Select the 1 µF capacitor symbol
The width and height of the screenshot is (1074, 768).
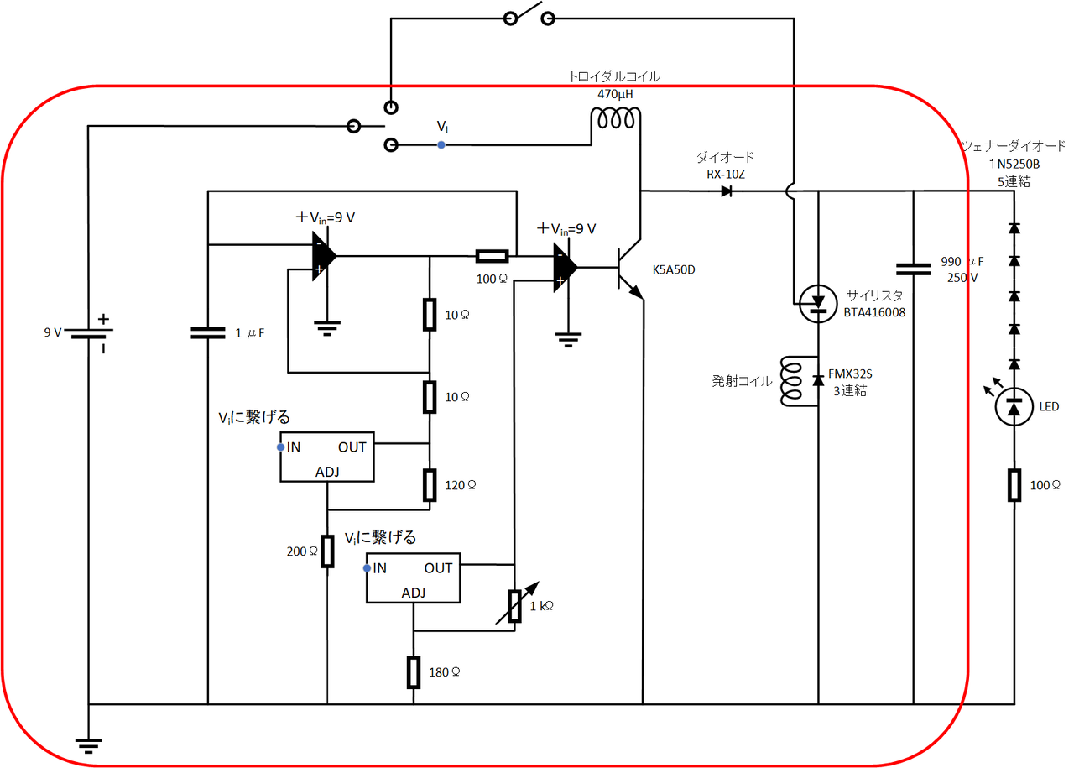[207, 332]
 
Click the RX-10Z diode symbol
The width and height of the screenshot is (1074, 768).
[726, 191]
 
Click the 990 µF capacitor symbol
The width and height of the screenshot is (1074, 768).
[913, 269]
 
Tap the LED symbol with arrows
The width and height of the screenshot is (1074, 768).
[1014, 407]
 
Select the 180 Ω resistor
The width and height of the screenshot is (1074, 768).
[413, 671]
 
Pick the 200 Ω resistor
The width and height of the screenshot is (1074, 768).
[327, 551]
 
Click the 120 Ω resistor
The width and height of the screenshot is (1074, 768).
[430, 485]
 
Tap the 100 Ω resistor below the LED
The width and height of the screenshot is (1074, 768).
[1014, 485]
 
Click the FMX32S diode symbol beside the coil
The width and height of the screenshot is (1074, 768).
[818, 380]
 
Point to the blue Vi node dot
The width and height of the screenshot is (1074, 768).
[441, 145]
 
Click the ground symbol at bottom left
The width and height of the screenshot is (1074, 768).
[87, 743]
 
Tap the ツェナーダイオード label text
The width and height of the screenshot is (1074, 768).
[1013, 144]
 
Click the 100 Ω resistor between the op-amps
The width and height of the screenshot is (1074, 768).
[491, 256]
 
